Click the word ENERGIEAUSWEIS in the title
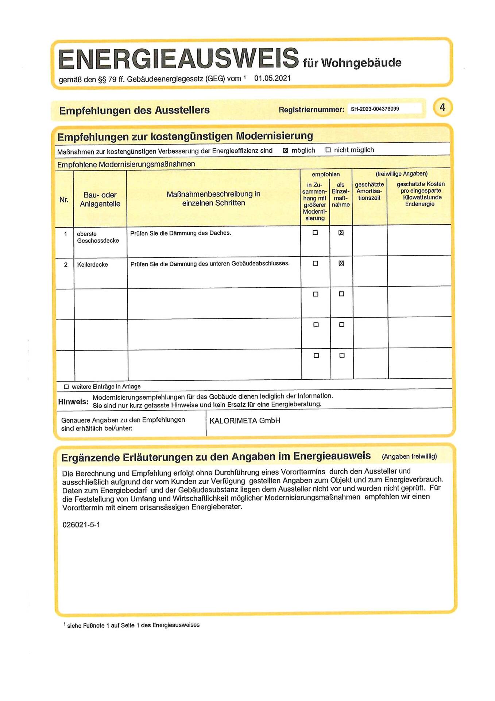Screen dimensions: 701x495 pos(178,58)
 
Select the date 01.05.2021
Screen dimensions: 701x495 pos(272,78)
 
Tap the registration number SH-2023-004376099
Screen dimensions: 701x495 pos(375,109)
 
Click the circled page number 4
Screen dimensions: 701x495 pos(442,108)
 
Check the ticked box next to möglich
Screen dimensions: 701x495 pos(285,150)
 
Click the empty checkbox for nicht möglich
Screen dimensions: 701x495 pos(328,150)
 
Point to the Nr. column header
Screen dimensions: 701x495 pos(64,200)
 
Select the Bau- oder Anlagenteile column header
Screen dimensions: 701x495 pos(100,199)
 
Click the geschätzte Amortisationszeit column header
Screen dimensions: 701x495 pos(369,191)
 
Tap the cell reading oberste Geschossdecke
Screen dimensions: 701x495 pos(98,237)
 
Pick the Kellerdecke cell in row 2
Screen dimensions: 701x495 pos(92,265)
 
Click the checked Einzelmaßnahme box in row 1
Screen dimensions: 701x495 pos(341,233)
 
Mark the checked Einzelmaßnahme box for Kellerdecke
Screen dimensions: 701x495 pos(341,263)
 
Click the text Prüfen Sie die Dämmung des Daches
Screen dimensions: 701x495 pos(181,233)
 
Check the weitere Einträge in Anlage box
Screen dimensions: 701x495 pos(66,387)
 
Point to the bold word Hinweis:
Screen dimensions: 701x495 pos(73,402)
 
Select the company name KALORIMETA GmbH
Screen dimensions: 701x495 pos(245,421)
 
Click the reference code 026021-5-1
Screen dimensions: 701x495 pos(81,525)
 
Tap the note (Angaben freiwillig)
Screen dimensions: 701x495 pos(409,456)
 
